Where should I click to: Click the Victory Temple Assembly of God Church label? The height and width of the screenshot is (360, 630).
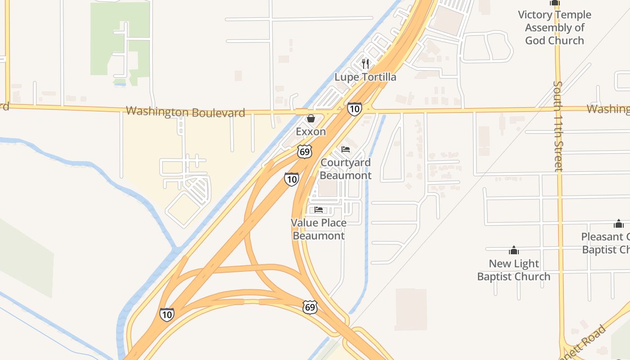pyautogui.click(x=554, y=27)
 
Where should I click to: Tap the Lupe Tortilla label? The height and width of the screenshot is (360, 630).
pyautogui.click(x=365, y=77)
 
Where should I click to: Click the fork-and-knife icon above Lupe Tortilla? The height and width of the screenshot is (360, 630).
pyautogui.click(x=365, y=64)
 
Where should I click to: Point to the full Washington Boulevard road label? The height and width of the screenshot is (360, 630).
pyautogui.click(x=185, y=112)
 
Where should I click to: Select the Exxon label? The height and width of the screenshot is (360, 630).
pyautogui.click(x=310, y=131)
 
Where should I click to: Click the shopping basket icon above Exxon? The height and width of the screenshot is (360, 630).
pyautogui.click(x=310, y=119)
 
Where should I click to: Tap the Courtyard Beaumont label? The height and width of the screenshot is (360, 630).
pyautogui.click(x=346, y=169)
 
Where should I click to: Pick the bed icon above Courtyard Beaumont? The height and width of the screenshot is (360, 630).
pyautogui.click(x=346, y=149)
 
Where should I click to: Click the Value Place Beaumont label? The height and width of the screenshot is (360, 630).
pyautogui.click(x=319, y=229)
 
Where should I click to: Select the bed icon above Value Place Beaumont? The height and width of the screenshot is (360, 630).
pyautogui.click(x=319, y=209)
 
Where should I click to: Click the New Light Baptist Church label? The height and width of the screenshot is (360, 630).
pyautogui.click(x=513, y=270)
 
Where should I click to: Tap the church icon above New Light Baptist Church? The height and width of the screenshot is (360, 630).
pyautogui.click(x=513, y=250)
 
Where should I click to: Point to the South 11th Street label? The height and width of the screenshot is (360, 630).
pyautogui.click(x=558, y=126)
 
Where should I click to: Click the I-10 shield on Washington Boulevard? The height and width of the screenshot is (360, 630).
pyautogui.click(x=354, y=108)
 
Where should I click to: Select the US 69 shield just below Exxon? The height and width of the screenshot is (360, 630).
pyautogui.click(x=305, y=152)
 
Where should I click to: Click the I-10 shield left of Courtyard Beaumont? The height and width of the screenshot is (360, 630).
pyautogui.click(x=292, y=179)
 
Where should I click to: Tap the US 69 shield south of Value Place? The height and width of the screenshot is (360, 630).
pyautogui.click(x=310, y=307)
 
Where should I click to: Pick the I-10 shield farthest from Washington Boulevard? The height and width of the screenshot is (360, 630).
pyautogui.click(x=166, y=314)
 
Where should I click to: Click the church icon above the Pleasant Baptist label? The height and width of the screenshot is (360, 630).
pyautogui.click(x=619, y=224)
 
